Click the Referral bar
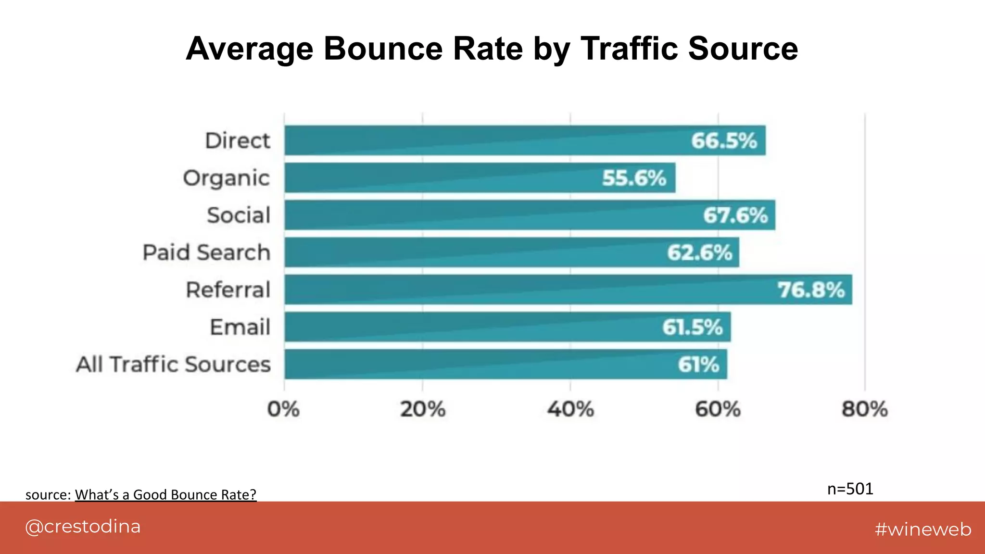(529, 290)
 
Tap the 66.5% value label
(724, 141)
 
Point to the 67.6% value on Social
(735, 215)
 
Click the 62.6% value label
(699, 252)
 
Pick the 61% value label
(698, 365)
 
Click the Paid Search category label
(207, 252)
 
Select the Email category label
(240, 327)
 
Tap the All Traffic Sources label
(174, 365)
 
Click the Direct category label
(238, 141)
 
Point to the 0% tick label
(283, 410)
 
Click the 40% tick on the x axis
(570, 410)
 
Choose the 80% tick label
(864, 410)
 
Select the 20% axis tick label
(423, 410)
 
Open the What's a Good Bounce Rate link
(165, 494)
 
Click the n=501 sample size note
(850, 489)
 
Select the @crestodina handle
(83, 527)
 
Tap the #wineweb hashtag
(922, 529)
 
